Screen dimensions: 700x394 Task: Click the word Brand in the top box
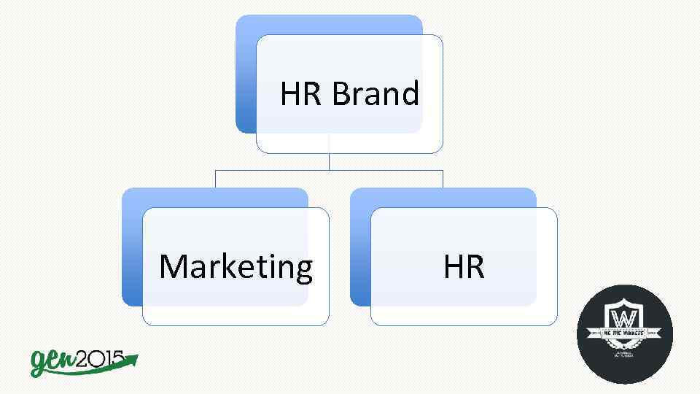pos(376,94)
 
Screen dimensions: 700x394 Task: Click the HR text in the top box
pos(300,94)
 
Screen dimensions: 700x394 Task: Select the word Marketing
pos(236,267)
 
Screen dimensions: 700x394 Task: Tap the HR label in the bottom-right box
pos(464,267)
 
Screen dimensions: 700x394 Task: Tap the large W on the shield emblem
pos(624,320)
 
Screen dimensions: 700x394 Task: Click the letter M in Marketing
pos(174,267)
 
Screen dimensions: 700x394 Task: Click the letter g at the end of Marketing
pos(303,270)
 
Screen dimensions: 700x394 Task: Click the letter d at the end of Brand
pos(411,94)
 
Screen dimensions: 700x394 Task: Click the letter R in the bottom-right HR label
pos(475,267)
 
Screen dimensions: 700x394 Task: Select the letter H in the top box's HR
pos(291,94)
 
